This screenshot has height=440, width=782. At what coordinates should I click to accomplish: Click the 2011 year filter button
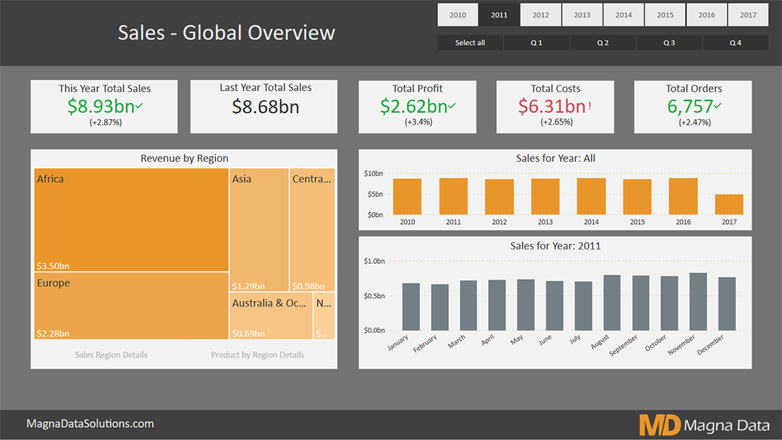[x=499, y=14]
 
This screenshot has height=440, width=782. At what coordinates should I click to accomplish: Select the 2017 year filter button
[x=748, y=14]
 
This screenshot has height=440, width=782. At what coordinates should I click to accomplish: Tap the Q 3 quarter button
[x=669, y=43]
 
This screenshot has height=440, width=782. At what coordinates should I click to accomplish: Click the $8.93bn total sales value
[x=101, y=107]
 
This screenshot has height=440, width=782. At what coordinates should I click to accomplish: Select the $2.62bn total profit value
[x=413, y=107]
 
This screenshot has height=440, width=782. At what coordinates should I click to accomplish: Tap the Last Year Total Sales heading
[x=266, y=88]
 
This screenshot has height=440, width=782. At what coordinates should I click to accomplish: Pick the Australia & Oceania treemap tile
[x=271, y=316]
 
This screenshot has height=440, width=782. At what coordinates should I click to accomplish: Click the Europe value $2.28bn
[x=54, y=333]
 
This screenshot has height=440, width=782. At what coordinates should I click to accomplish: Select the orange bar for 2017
[x=729, y=204]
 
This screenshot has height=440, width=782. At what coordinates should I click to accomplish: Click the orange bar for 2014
[x=591, y=196]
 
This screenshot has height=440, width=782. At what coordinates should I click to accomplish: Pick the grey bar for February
[x=440, y=307]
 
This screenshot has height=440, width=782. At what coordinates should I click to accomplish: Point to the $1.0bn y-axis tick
[x=374, y=261]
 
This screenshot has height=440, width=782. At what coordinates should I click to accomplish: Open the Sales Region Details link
[x=111, y=355]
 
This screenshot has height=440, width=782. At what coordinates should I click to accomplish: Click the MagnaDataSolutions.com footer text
[x=90, y=424]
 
